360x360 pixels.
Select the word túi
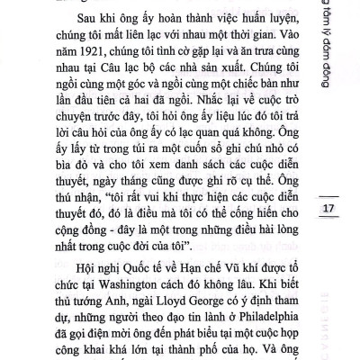coord(95,164)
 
